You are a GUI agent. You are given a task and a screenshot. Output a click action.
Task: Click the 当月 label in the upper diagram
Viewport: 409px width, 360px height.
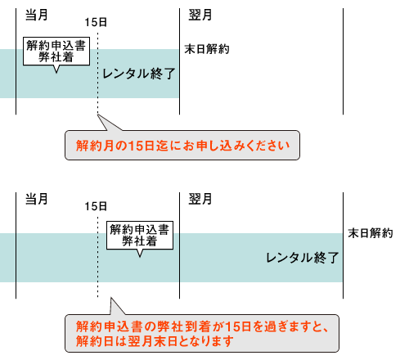coord(37,15)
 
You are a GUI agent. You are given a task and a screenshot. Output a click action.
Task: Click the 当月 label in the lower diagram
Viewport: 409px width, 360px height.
coord(37,199)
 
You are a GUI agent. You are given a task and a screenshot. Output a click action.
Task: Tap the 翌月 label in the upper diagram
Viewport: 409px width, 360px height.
coord(200,15)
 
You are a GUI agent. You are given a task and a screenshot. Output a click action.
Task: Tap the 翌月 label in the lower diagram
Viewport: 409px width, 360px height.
coord(200,199)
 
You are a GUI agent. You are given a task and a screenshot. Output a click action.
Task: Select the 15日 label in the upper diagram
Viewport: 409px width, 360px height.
coord(96,22)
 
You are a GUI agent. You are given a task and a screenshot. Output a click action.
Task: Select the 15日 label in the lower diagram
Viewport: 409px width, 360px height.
coord(96,206)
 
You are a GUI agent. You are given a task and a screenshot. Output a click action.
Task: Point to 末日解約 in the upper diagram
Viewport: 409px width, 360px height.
coord(207,49)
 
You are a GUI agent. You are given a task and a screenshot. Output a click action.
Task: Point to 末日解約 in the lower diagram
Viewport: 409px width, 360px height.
coord(371,233)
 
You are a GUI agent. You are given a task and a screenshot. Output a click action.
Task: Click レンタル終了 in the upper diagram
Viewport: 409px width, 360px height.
coord(138,74)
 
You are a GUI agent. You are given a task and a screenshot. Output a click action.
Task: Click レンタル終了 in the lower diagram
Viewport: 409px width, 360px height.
coord(302,258)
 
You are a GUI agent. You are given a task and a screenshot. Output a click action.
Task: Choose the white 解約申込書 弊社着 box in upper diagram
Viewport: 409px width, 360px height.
coord(56,52)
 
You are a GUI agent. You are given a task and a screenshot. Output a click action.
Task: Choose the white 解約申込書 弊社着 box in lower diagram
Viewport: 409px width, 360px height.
coord(140,236)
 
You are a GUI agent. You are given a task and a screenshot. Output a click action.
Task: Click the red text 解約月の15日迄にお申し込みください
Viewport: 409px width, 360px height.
coord(182,146)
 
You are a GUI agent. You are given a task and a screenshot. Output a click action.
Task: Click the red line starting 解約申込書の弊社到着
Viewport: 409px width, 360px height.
coord(202,326)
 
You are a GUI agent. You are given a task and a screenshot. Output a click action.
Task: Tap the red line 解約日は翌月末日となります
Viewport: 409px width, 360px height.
coord(155,341)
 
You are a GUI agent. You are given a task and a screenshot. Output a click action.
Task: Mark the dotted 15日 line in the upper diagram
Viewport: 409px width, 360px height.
coord(97,73)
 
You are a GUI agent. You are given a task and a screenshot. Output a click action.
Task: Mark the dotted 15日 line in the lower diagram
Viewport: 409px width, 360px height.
coord(97,257)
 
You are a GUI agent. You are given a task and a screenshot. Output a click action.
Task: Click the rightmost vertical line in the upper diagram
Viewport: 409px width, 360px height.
coord(343,61)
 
